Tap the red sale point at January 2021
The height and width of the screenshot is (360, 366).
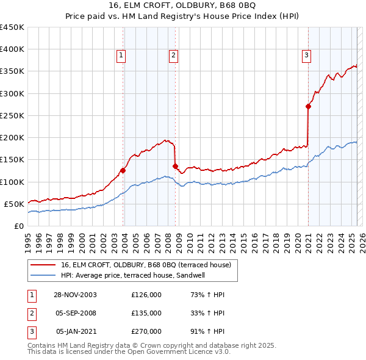point(308,107)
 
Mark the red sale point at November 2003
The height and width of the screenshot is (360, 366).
point(123,170)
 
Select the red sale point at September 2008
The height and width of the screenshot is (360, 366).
point(175,166)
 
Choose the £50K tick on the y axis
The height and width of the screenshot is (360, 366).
point(14,204)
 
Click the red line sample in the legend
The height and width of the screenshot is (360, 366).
point(43,265)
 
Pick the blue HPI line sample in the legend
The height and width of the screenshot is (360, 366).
point(43,276)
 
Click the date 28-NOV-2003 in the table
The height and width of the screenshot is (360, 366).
point(76,295)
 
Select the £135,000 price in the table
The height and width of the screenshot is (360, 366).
point(146,313)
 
